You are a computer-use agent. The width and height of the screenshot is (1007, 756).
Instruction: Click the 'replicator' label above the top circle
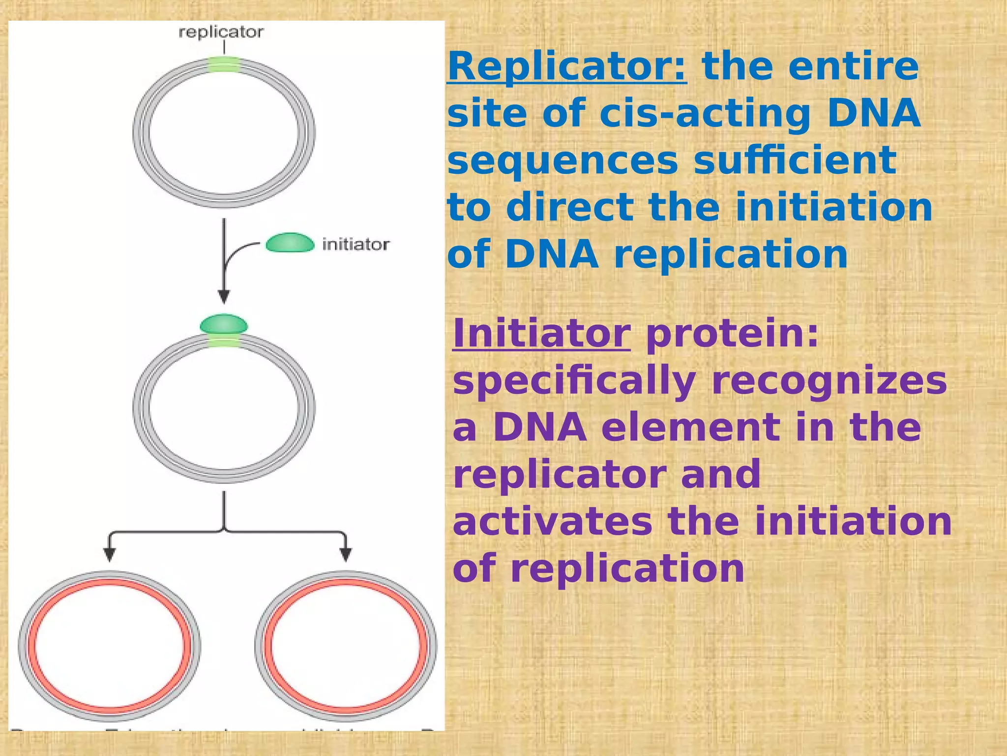coord(221,32)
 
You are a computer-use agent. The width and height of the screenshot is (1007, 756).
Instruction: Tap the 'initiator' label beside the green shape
coord(355,244)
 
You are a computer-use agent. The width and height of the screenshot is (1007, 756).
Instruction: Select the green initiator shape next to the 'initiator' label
coord(290,243)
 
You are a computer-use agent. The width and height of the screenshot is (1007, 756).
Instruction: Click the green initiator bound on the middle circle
coord(224,324)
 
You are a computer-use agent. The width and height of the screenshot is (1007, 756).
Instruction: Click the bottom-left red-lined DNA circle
coord(110,646)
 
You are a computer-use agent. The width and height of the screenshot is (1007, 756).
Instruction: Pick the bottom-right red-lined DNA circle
coord(346,646)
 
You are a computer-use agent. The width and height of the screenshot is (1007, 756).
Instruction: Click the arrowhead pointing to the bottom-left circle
coord(110,554)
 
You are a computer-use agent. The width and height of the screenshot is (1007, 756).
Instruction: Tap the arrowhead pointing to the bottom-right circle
coord(346,554)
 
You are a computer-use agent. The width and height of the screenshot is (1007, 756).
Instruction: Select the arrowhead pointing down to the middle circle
coord(224,296)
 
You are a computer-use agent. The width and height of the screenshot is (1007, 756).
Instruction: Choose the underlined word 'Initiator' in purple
coord(541,334)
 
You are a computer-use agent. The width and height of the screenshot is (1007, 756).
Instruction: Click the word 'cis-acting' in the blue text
coord(705,113)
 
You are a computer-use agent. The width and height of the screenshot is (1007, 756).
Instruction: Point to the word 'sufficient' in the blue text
coord(795,160)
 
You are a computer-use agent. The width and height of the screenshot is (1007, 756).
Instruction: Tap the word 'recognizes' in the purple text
coord(829,381)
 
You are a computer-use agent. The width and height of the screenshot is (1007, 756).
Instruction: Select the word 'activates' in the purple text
coord(552,522)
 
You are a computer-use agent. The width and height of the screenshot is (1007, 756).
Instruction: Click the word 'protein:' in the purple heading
coord(733,334)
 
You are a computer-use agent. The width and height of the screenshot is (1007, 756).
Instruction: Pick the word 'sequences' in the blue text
coord(563,160)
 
